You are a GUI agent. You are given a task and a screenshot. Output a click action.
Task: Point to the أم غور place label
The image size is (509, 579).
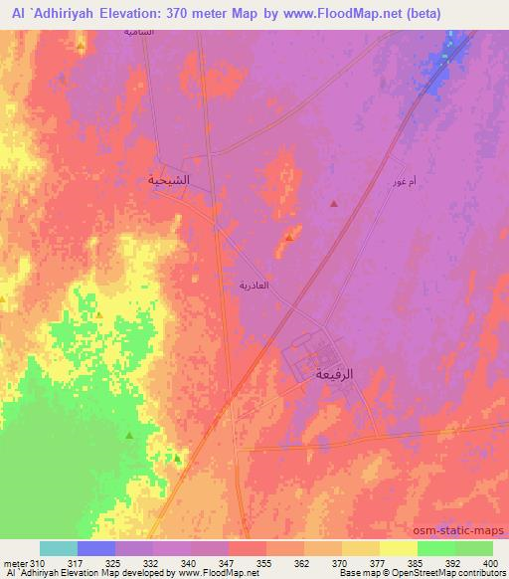click(x=393, y=184)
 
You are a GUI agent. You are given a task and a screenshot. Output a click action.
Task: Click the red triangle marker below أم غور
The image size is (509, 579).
click(x=333, y=204)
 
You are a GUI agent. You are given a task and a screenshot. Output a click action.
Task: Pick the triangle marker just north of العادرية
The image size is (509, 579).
click(x=288, y=237)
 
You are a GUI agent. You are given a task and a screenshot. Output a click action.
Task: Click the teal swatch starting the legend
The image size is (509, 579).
click(x=59, y=548)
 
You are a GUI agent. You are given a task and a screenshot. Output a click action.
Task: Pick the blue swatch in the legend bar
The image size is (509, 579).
click(x=96, y=548)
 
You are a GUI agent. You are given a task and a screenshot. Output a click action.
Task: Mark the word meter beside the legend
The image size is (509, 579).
click(x=17, y=562)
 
